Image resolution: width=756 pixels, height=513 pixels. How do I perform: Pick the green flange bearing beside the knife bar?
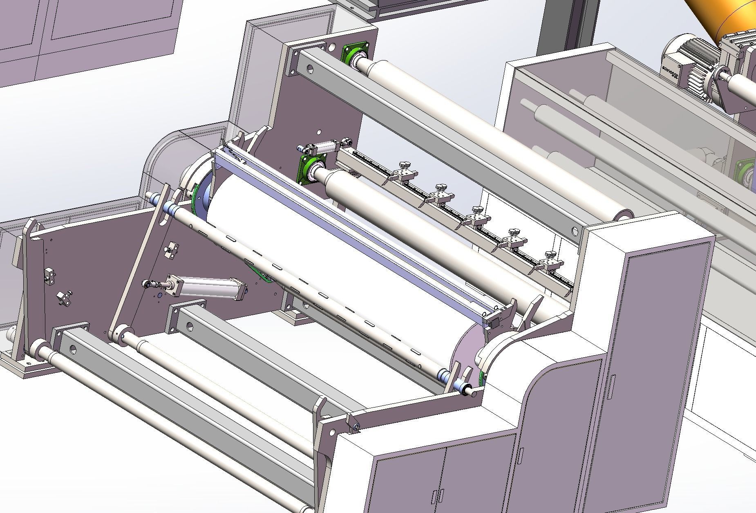pyautogui.click(x=309, y=168)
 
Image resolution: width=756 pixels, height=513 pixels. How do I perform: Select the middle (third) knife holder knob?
pyautogui.click(x=476, y=210)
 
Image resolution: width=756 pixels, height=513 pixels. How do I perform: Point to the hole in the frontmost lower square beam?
pyautogui.click(x=73, y=349)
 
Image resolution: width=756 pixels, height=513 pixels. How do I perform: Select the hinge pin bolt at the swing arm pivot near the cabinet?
pyautogui.click(x=356, y=428)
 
